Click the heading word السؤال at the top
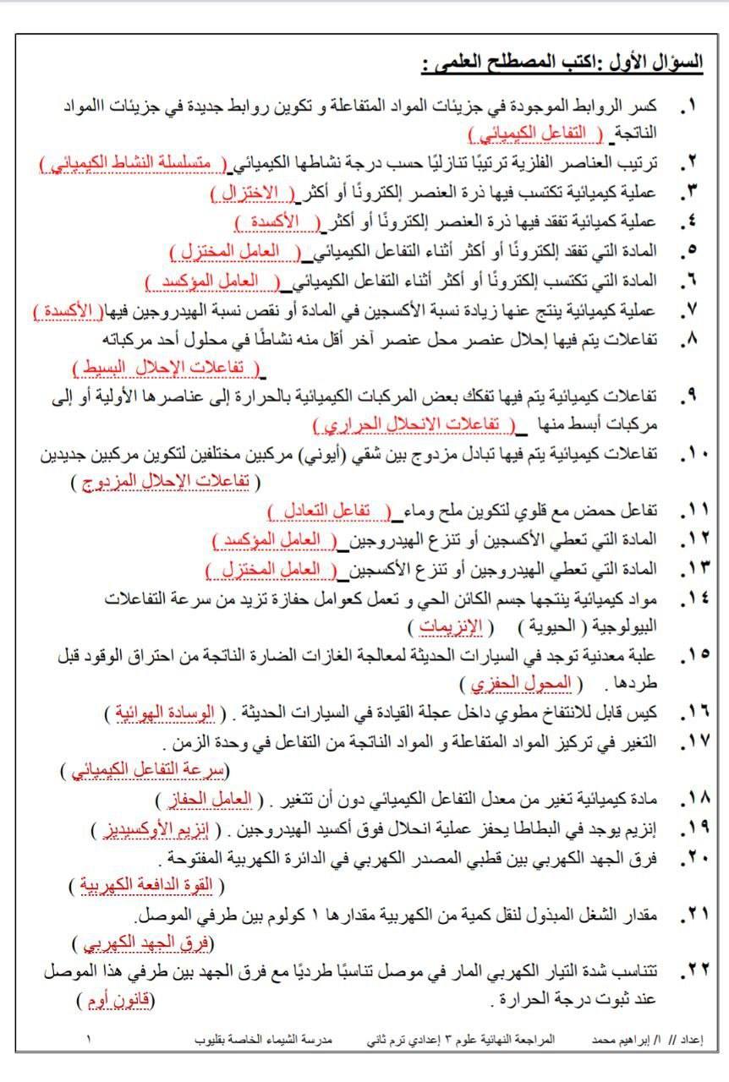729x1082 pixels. click(x=682, y=63)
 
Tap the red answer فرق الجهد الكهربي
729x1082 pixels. click(x=143, y=943)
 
